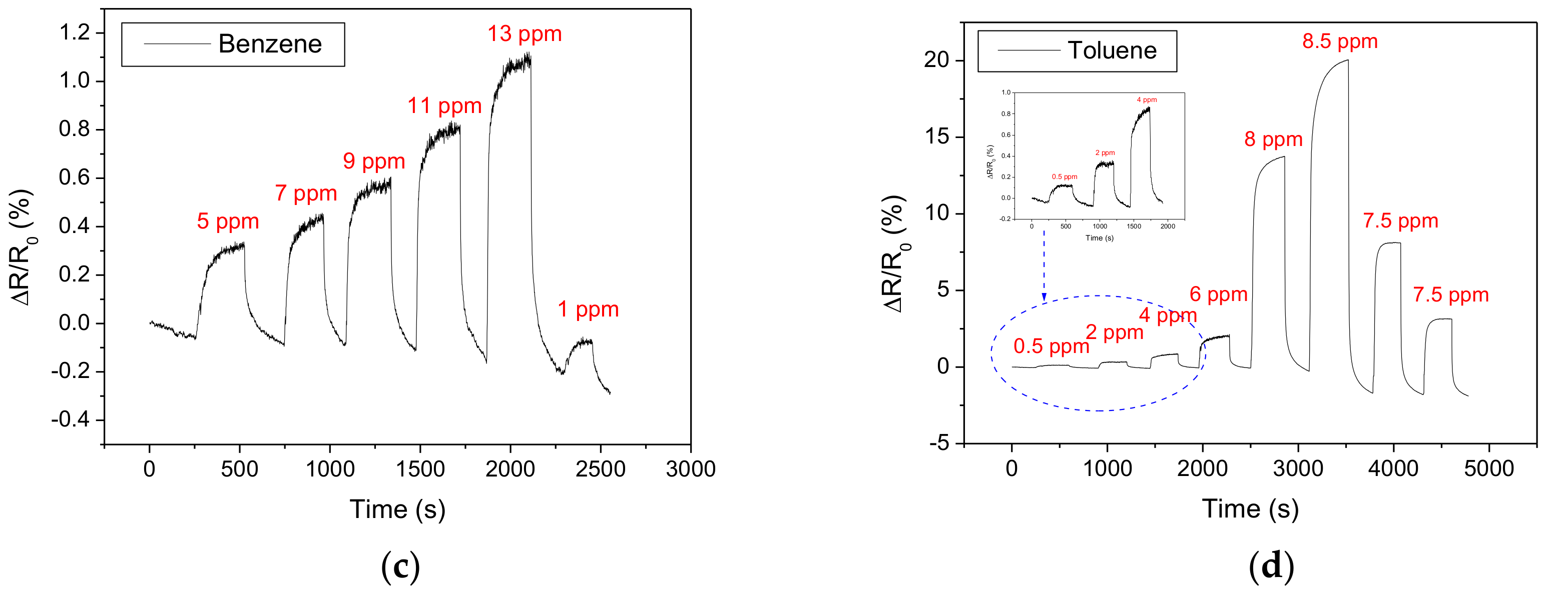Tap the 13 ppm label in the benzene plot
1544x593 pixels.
(524, 34)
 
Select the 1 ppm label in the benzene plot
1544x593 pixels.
(588, 309)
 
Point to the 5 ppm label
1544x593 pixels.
(228, 221)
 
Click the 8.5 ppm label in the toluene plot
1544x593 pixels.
(1340, 42)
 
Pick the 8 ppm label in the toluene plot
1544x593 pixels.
(1273, 139)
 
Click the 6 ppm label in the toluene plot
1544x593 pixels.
(1218, 294)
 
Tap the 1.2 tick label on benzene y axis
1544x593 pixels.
(75, 32)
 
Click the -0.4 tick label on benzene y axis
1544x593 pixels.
(70, 420)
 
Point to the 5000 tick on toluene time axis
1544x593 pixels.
(1488, 468)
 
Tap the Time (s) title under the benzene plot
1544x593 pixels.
(397, 509)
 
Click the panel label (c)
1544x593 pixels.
(400, 566)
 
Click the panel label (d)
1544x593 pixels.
(1271, 566)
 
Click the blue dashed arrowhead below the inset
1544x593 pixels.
(1044, 297)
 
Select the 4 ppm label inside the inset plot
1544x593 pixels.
(1146, 100)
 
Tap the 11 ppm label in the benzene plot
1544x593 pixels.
(444, 106)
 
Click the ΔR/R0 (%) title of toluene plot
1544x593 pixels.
(894, 254)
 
